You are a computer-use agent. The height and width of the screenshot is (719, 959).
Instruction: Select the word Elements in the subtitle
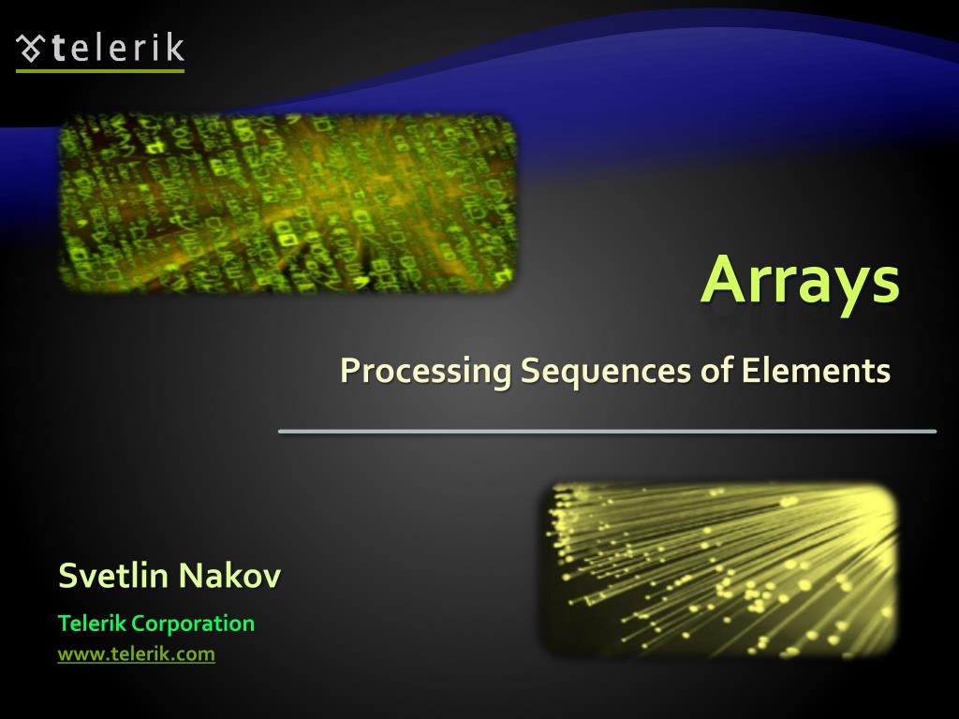(816, 370)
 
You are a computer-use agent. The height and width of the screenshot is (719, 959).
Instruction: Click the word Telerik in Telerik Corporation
(91, 624)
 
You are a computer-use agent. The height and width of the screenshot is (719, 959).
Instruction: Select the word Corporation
(193, 624)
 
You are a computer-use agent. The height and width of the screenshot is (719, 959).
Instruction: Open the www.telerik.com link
(136, 654)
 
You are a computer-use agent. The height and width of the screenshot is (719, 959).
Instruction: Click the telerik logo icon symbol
(31, 49)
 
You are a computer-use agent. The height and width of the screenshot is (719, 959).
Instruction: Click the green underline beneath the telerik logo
(100, 70)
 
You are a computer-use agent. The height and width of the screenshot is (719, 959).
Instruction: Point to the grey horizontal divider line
(607, 432)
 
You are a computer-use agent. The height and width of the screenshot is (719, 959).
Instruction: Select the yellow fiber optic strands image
(719, 567)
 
